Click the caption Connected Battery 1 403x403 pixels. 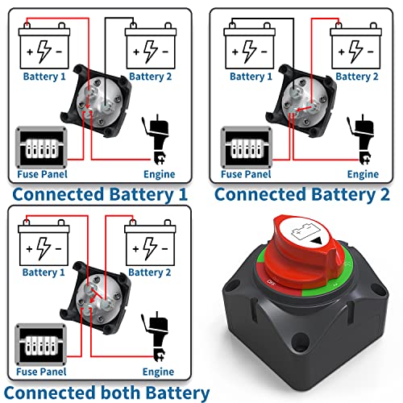tap(100, 194)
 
